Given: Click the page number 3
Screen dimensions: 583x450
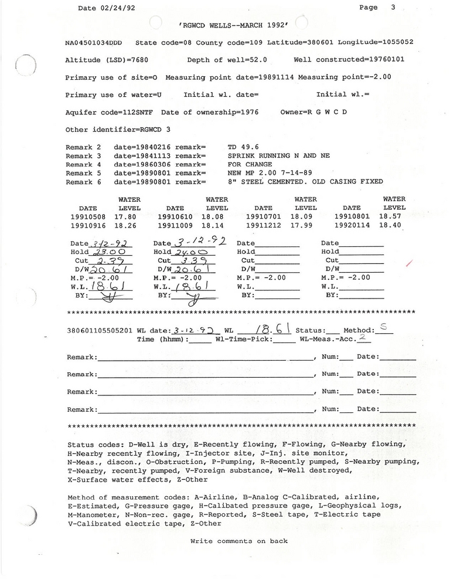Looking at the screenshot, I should point(393,8).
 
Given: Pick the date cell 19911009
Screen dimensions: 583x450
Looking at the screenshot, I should point(175,225).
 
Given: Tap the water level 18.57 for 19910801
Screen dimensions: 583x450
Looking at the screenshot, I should point(394,216).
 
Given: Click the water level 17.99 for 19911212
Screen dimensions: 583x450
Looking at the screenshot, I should point(306,225).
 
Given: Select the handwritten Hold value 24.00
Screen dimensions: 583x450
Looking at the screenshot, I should point(190,252).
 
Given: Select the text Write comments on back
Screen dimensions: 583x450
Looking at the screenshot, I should point(238,541).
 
